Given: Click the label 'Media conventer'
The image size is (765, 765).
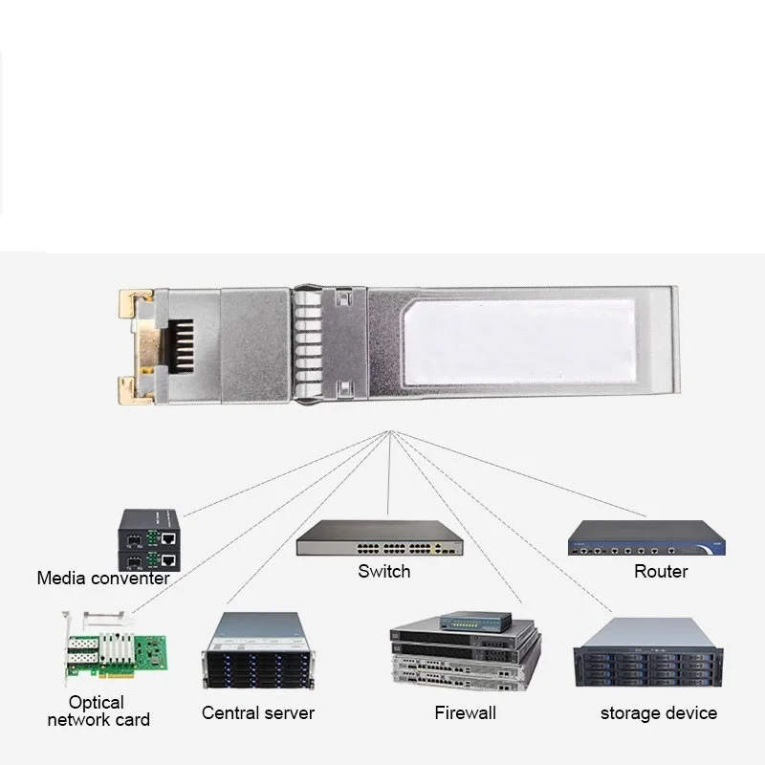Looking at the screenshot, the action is [103, 578].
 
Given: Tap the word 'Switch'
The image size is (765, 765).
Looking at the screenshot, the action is [383, 572].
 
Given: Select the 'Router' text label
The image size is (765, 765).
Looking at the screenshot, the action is [661, 572].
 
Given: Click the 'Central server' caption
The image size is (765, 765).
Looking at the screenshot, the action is [258, 712].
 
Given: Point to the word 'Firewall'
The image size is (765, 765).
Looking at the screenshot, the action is [466, 712].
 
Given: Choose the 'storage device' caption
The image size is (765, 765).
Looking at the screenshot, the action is [658, 712].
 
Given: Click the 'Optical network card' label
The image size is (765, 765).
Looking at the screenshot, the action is [98, 711].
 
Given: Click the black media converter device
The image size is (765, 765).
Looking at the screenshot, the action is [150, 539].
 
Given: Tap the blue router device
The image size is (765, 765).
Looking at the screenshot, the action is [646, 539].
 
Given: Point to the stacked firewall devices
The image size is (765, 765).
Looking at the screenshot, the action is [465, 656].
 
